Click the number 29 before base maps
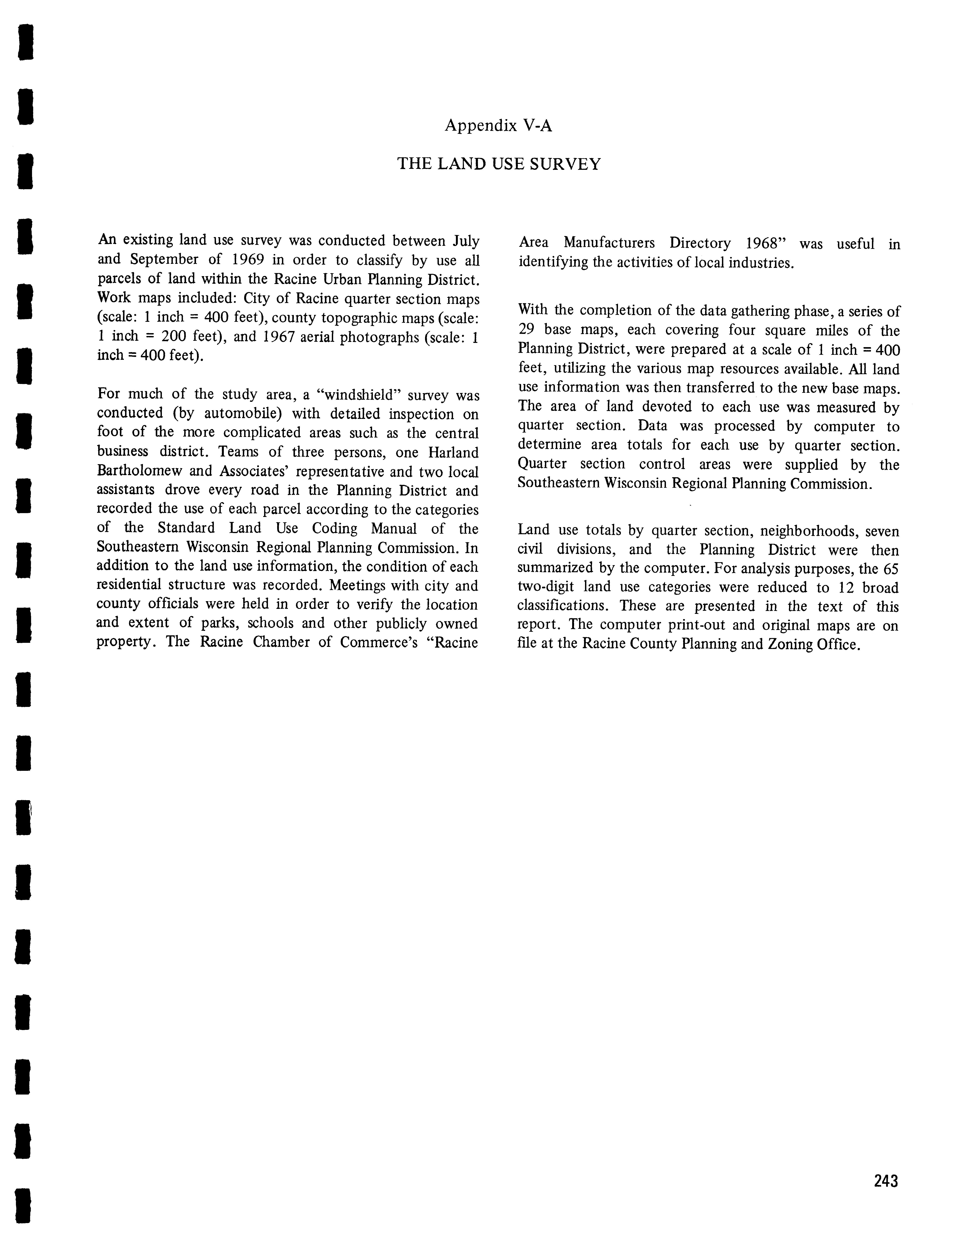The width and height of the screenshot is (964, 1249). [x=527, y=330]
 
